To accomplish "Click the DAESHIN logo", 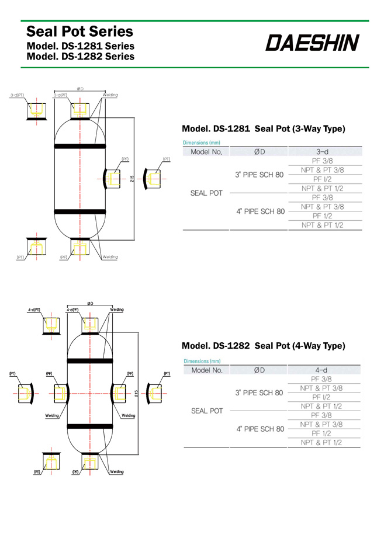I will [313, 43].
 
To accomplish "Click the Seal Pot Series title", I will [80, 31].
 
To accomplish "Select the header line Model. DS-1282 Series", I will [81, 57].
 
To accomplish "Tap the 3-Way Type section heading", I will [264, 128].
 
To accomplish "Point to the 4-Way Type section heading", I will [264, 346].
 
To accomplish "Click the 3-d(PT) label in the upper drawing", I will [17, 95].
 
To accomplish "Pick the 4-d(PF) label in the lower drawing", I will [72, 310].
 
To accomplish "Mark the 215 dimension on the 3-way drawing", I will [133, 178].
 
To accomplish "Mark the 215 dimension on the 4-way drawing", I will [136, 395].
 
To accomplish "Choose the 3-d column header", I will [325, 152].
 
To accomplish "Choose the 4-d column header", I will [325, 370].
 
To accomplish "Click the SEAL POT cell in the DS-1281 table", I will [206, 193].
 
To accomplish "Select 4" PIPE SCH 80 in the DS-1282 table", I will [260, 429].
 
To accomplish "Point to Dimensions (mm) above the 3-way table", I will [201, 143].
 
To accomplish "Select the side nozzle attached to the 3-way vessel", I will [112, 178].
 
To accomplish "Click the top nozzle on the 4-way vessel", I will [90, 325].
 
